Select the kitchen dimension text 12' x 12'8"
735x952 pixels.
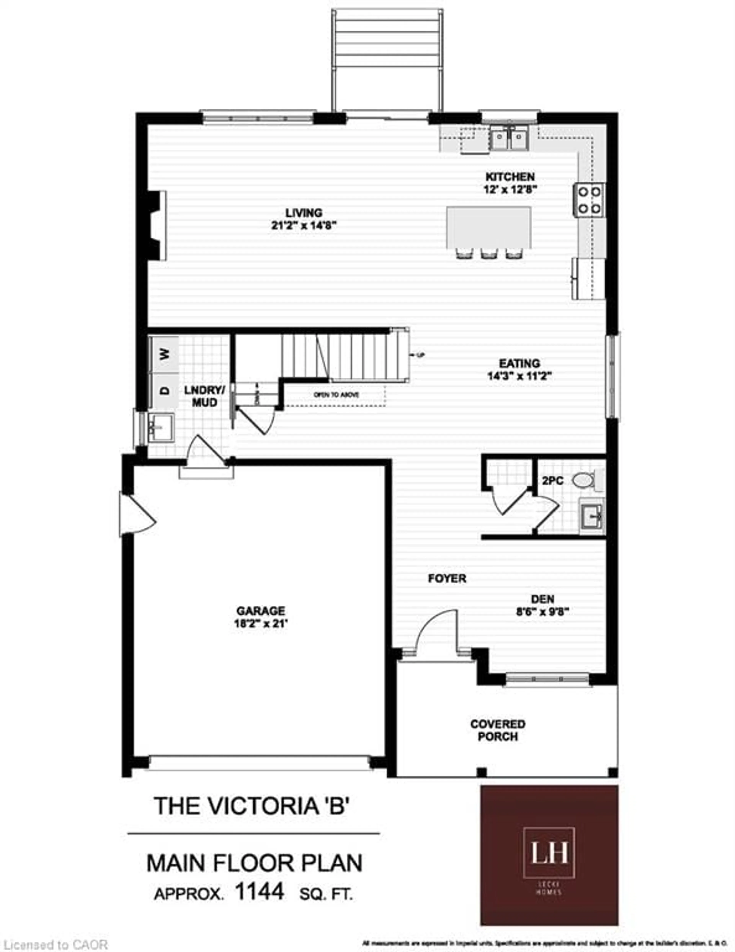pos(510,190)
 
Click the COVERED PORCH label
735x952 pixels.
pos(497,730)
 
